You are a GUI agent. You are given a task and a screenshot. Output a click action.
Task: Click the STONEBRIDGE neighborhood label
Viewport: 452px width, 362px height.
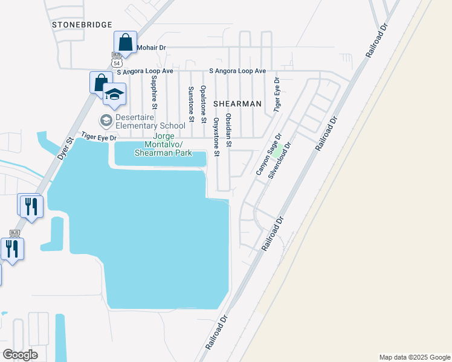click(82, 24)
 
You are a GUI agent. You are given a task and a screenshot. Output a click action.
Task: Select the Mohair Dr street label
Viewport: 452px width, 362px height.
click(151, 47)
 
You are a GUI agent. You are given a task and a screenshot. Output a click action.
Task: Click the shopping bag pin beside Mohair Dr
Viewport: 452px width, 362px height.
click(125, 42)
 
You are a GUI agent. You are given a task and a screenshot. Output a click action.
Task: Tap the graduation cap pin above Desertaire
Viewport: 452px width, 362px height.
click(114, 94)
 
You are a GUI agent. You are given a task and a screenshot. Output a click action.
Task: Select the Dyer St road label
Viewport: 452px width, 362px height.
click(65, 148)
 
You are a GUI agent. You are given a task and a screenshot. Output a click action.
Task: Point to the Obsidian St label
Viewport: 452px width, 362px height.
click(228, 130)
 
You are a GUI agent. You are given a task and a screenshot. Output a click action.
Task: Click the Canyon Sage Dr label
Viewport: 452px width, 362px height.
click(269, 155)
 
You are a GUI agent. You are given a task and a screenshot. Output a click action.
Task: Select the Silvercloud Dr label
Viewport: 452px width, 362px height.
click(280, 160)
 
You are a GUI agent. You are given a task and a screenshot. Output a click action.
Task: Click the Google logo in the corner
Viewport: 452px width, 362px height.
click(20, 355)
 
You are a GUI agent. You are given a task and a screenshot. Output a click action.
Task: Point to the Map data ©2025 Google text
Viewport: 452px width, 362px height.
click(414, 357)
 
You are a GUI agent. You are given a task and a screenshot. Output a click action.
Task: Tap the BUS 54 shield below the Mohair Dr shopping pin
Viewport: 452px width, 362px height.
click(117, 59)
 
